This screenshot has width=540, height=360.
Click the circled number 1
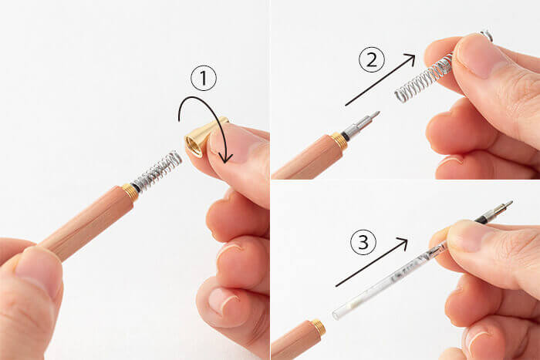click(204, 78)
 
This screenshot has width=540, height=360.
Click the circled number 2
click(372, 59)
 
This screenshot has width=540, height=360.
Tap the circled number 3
click(363, 242)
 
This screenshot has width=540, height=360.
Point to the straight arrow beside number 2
click(380, 80)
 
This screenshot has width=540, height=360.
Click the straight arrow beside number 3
click(372, 262)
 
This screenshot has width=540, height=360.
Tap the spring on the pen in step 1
click(157, 170)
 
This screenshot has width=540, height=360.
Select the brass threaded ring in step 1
click(130, 193)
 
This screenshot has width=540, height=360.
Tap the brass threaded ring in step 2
click(339, 141)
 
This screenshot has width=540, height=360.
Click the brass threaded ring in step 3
click(319, 328)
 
